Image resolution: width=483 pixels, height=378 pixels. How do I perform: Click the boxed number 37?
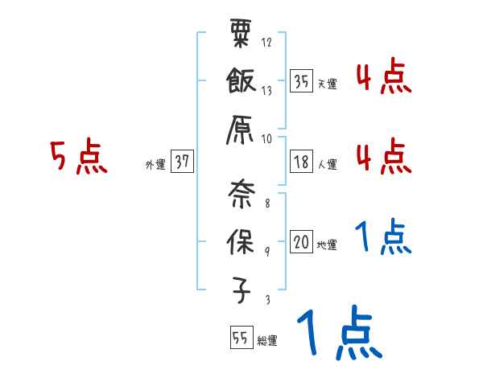[182, 162]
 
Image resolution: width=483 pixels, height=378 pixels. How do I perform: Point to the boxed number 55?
[240, 339]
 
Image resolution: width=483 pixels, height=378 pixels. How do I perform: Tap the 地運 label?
[327, 244]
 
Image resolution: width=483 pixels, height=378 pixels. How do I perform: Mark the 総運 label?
[267, 341]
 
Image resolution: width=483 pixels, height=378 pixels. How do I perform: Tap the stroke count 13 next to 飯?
[266, 91]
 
